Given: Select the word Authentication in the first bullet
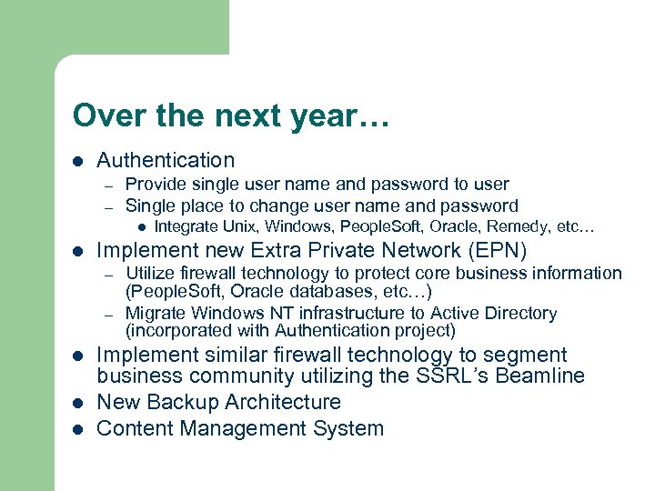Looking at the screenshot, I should click(x=166, y=160).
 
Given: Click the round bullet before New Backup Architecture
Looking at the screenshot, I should click(x=78, y=403).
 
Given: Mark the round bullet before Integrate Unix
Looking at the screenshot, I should click(x=142, y=226).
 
